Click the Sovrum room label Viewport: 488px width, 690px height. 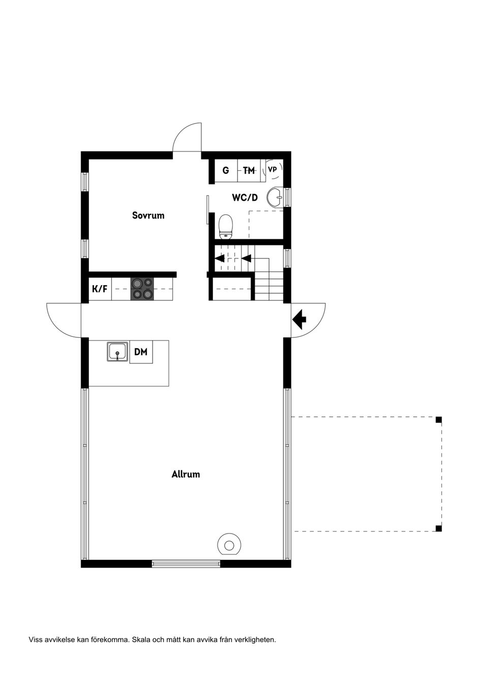pyautogui.click(x=148, y=215)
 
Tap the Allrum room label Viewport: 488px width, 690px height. pyautogui.click(x=186, y=474)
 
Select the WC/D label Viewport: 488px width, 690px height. pyautogui.click(x=245, y=198)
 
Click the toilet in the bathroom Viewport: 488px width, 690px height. pyautogui.click(x=226, y=227)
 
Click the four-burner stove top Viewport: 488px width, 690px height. pyautogui.click(x=142, y=289)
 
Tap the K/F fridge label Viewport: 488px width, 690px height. pyautogui.click(x=100, y=289)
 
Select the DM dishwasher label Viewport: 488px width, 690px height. pyautogui.click(x=141, y=352)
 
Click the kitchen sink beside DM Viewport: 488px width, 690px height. pyautogui.click(x=117, y=352)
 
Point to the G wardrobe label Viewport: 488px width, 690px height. pyautogui.click(x=226, y=170)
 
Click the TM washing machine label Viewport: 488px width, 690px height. pyautogui.click(x=249, y=170)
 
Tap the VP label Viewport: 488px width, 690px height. pyautogui.click(x=272, y=169)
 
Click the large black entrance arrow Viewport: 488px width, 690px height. pyautogui.click(x=299, y=320)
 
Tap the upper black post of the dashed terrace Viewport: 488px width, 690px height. pyautogui.click(x=438, y=420)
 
